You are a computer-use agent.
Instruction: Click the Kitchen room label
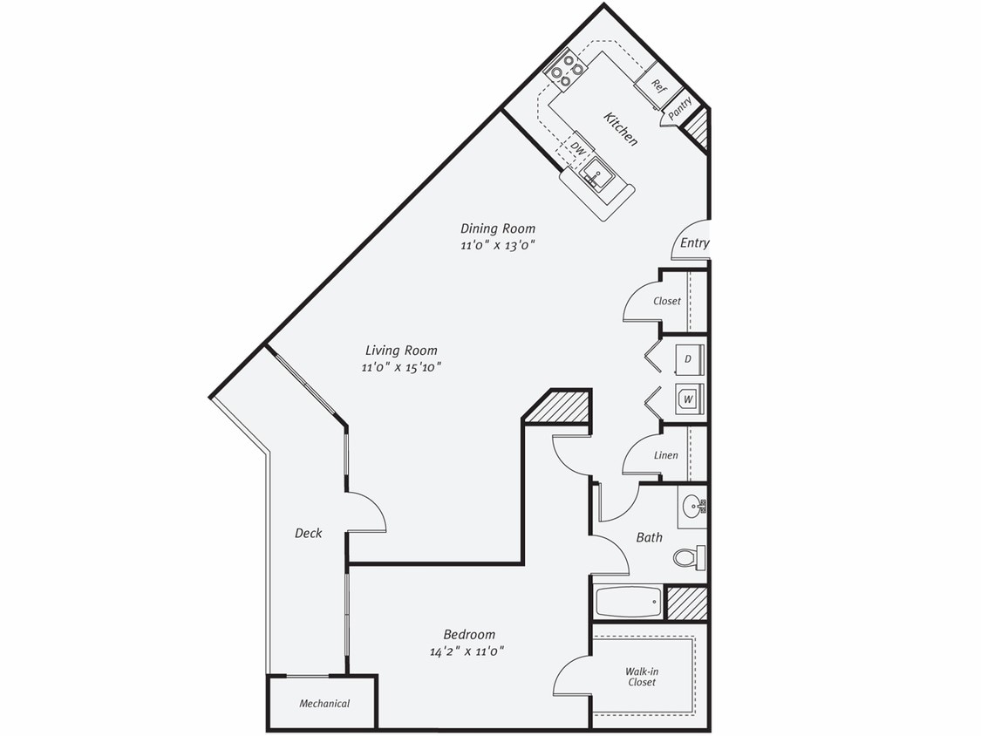click(x=620, y=128)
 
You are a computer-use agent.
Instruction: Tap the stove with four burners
click(x=565, y=70)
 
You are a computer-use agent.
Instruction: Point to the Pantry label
click(x=680, y=108)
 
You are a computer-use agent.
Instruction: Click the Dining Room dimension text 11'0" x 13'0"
click(x=497, y=245)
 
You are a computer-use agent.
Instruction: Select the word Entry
click(x=694, y=243)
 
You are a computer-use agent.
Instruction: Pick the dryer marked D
click(x=688, y=358)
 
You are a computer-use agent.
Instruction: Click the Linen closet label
click(x=665, y=455)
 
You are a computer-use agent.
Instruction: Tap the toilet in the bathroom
click(x=690, y=557)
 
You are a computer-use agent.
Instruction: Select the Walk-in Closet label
click(x=641, y=677)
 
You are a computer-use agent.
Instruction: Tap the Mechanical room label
click(x=324, y=704)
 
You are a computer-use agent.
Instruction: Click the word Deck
click(x=308, y=533)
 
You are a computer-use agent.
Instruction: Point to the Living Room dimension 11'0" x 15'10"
click(x=402, y=367)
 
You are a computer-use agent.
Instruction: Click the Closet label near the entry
click(x=667, y=302)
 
